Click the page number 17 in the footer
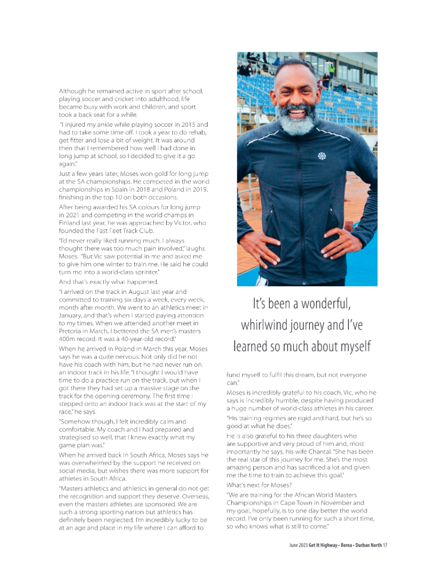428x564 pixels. coord(385,545)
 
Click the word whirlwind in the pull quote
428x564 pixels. coord(267,325)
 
